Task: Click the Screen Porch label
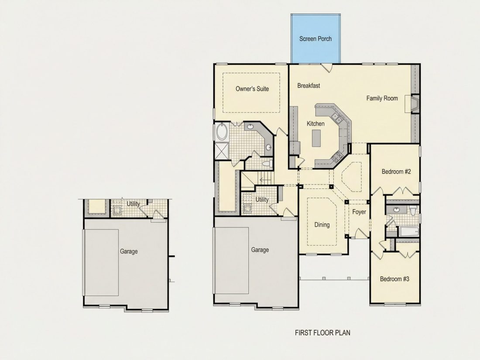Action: click(315, 39)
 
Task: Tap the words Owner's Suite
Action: click(252, 89)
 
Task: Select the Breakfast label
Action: click(309, 86)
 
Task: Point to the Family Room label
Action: click(382, 98)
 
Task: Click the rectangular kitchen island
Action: click(316, 138)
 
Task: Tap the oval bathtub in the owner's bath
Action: click(221, 132)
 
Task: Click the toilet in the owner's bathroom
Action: click(268, 163)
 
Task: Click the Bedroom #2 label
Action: click(396, 172)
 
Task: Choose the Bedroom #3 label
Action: click(394, 279)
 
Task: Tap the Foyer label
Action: click(359, 212)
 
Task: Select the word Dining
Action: click(322, 225)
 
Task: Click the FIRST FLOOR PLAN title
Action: click(322, 333)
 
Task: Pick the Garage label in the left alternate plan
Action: click(129, 252)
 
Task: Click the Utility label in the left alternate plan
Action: click(134, 204)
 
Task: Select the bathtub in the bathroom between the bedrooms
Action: click(409, 231)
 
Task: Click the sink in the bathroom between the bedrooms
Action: click(397, 210)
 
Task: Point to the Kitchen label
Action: click(315, 123)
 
